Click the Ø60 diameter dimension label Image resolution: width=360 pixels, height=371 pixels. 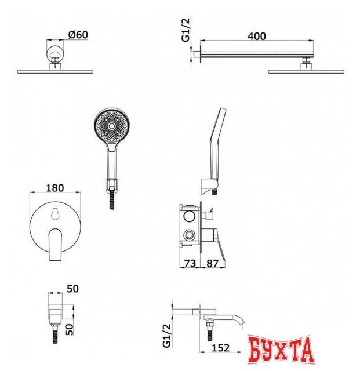[78, 35]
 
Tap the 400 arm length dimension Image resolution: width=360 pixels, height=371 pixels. [257, 36]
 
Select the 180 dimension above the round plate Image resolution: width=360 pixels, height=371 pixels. [54, 188]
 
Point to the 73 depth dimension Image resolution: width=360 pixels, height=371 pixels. [190, 263]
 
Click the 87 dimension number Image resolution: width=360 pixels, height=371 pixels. [212, 263]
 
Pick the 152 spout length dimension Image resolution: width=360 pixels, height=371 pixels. [220, 348]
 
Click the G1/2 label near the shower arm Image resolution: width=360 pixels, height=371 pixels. [186, 30]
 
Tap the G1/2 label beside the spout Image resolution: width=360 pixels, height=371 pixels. [166, 336]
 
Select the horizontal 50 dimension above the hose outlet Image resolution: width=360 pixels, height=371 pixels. [72, 289]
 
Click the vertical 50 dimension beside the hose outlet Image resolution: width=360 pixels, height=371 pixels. [69, 330]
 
